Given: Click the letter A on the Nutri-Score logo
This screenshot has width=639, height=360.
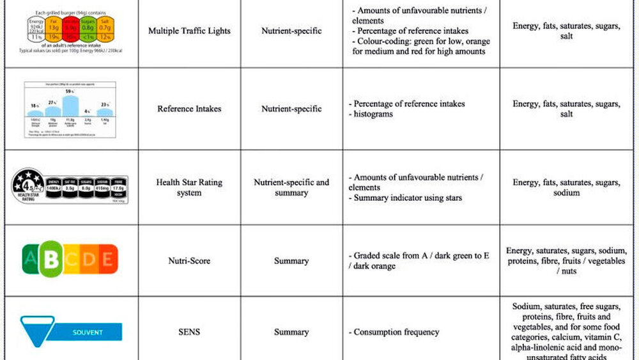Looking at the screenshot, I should coord(29,260).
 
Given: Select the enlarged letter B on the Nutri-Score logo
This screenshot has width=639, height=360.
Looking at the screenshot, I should coord(50,259).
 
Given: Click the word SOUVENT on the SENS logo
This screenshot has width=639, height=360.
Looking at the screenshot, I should coord(88,333).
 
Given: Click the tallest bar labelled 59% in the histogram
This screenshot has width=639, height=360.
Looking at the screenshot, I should coord(70,106).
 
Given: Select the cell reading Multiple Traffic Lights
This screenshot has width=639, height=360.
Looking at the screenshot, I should coord(189,31).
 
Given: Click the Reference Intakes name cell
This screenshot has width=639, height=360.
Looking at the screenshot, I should coord(189,109).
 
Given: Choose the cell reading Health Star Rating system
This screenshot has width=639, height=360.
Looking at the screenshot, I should coord(189,187).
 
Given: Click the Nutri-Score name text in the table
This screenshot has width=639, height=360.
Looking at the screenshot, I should coord(189,261).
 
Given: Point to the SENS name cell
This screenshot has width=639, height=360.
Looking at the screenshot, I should coord(189,333).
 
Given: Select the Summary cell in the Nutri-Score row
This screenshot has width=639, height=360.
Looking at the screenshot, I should coord(291,261).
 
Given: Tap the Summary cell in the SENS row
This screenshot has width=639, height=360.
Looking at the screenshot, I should coord(291,333).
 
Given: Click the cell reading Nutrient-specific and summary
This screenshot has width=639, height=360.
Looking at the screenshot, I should coord(291,187).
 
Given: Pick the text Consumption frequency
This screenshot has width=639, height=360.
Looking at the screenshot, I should coord(396,333).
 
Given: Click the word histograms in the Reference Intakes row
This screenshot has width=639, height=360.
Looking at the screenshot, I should coord(373,114).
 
